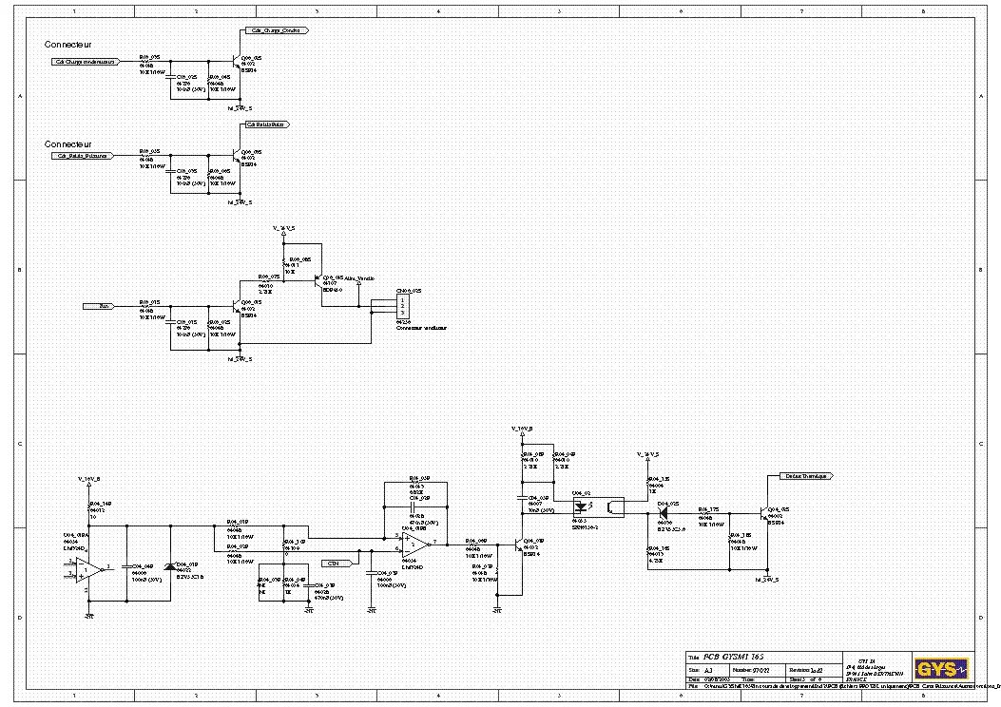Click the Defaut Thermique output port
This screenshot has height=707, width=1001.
click(804, 475)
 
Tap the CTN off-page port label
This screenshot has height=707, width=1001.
click(333, 564)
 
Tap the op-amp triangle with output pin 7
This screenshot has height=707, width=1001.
click(414, 544)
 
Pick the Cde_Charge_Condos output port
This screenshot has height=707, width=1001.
click(273, 30)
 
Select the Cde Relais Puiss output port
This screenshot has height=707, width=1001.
click(266, 124)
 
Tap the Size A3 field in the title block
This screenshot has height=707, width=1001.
click(708, 669)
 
